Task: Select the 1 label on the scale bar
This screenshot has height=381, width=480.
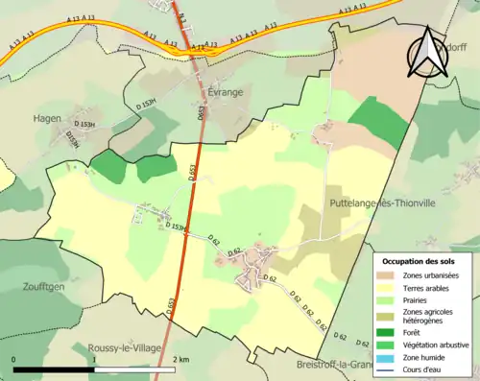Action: click(x=95, y=359)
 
